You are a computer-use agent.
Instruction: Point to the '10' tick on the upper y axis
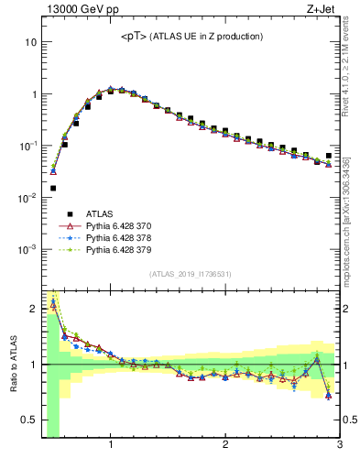pos(30,42)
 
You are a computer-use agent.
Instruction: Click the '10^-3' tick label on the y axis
pos(27,249)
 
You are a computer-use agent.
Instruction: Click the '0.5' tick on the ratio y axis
pos(28,420)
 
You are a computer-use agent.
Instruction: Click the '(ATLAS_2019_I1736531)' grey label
pos(191,274)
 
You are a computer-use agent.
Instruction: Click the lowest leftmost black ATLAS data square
pos(53,188)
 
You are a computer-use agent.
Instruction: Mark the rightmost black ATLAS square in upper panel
pos(329,156)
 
